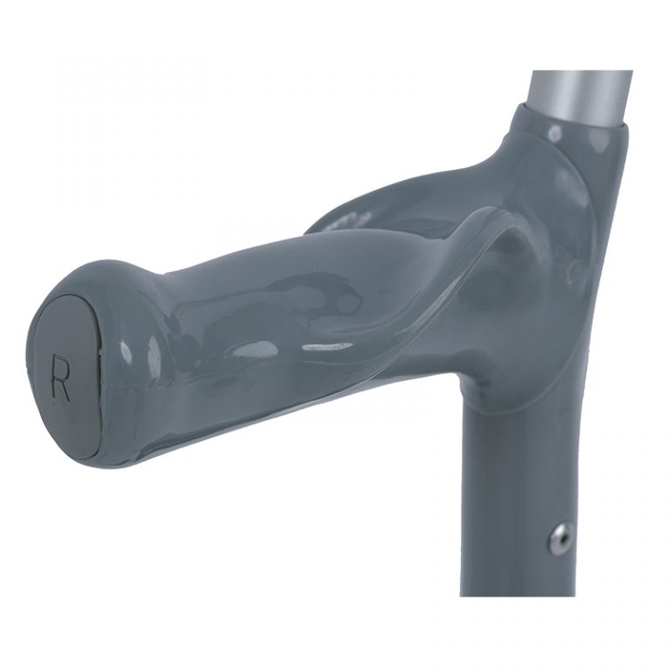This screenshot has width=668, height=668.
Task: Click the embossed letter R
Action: tap(60, 377)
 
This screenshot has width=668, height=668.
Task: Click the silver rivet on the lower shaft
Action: tap(560, 538)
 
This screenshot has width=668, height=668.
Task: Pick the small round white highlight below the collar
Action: tap(553, 132)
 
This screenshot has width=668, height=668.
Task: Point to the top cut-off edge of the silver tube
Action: tap(581, 72)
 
